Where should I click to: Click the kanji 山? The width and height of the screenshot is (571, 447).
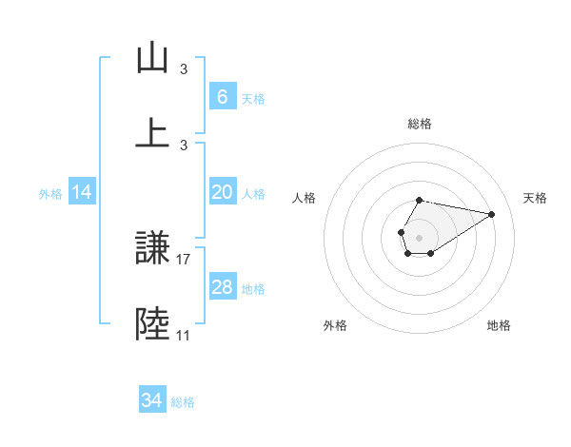(x=152, y=58)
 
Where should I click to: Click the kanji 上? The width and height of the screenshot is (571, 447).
(x=152, y=132)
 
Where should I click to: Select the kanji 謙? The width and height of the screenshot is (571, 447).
(x=152, y=250)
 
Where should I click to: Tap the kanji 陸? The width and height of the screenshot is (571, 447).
(x=152, y=324)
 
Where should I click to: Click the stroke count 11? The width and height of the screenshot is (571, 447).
(x=184, y=335)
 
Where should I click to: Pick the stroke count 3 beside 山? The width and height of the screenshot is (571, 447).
(x=184, y=69)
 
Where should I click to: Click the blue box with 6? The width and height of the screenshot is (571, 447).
(x=222, y=97)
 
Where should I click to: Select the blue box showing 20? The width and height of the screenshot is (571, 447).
(x=222, y=192)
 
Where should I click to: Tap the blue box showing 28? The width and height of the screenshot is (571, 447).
(x=222, y=287)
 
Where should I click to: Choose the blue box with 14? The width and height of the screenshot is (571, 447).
(x=82, y=192)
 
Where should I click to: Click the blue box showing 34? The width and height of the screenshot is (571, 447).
(x=151, y=400)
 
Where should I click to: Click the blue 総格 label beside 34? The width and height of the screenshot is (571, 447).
(x=183, y=402)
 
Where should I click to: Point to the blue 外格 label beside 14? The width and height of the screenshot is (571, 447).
(x=50, y=193)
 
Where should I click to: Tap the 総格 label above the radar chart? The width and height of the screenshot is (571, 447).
(x=419, y=124)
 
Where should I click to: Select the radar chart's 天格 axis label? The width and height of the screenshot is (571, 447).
(x=535, y=198)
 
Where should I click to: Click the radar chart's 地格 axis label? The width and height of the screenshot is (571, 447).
(x=499, y=325)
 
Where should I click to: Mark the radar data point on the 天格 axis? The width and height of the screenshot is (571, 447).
(x=492, y=213)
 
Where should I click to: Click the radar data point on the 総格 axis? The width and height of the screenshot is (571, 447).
(x=419, y=200)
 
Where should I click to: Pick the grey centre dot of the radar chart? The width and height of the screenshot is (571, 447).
(x=419, y=236)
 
